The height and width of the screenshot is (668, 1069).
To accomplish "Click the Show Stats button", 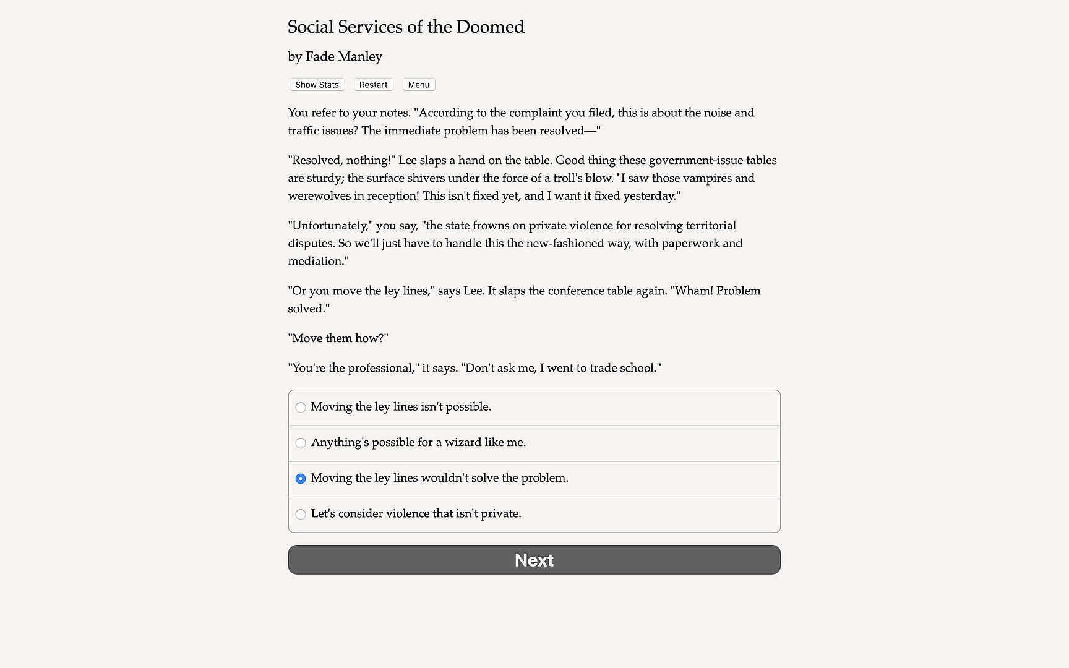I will pyautogui.click(x=317, y=85).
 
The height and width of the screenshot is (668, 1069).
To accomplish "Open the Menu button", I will pyautogui.click(x=419, y=85).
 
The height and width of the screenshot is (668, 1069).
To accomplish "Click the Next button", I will pyautogui.click(x=534, y=560).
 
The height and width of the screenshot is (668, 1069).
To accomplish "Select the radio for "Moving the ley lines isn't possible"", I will pyautogui.click(x=301, y=408).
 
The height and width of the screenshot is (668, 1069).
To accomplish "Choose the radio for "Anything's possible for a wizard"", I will pyautogui.click(x=301, y=443).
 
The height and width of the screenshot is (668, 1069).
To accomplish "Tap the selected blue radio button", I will pyautogui.click(x=301, y=479).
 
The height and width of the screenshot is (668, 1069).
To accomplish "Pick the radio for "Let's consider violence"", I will pyautogui.click(x=301, y=514).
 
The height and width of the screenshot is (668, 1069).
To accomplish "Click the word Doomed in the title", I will pyautogui.click(x=490, y=27).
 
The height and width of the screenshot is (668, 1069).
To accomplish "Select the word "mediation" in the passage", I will pyautogui.click(x=316, y=262).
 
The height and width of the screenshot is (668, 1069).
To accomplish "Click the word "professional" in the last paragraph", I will pyautogui.click(x=381, y=369).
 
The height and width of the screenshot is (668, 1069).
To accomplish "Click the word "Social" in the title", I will pyautogui.click(x=311, y=27).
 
